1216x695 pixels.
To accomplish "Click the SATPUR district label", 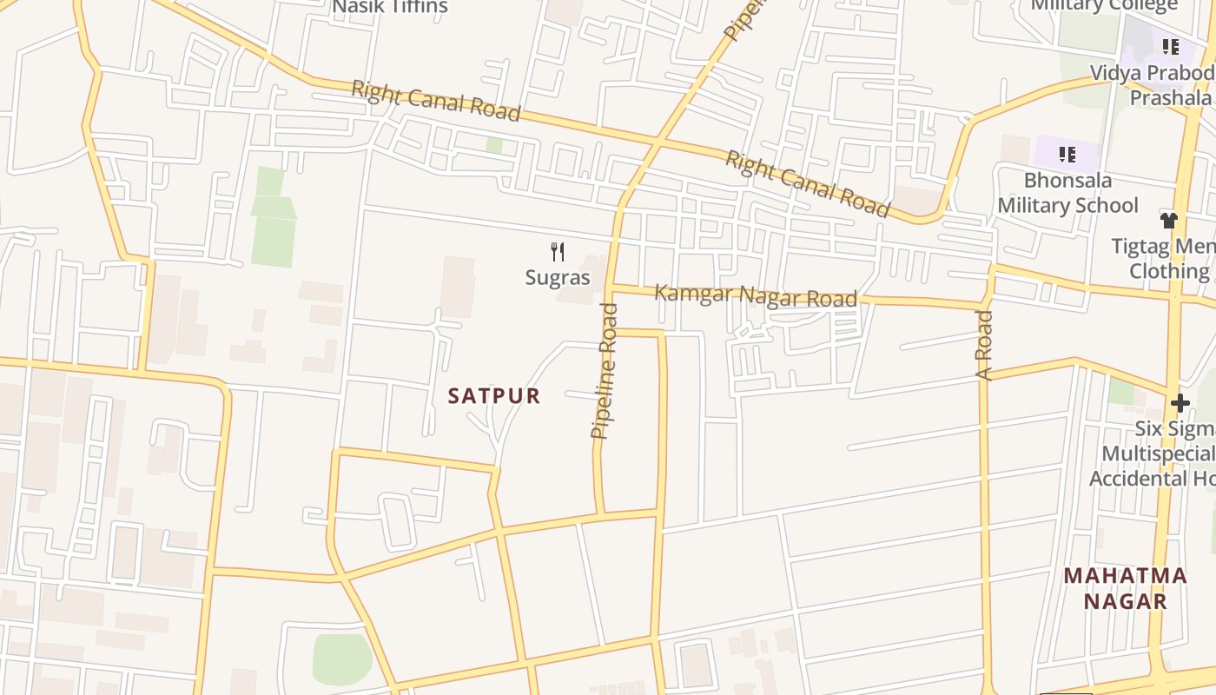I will point(494,396).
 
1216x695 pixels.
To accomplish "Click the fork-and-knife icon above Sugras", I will point(558,253).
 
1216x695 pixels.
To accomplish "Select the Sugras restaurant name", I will point(558,278).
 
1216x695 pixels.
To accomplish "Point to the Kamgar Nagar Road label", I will point(756,295).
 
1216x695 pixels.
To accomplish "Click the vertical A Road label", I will point(984,346).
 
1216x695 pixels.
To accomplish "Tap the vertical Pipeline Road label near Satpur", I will point(605,371).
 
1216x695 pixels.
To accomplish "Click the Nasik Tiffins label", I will point(391,7).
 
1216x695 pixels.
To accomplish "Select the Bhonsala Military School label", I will point(1067,193).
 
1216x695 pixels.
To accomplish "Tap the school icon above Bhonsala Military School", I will point(1067,156).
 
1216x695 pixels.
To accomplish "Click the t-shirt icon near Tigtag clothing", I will point(1169,221).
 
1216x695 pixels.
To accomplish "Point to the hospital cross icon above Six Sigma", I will point(1180,403).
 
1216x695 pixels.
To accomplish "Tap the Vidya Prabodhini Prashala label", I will point(1155,84).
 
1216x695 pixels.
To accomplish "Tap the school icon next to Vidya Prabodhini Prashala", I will point(1170,47).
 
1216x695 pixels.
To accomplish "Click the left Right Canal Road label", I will point(436,101).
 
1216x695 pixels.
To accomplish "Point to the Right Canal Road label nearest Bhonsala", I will point(807,183).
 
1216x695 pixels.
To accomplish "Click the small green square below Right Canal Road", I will point(494,145).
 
